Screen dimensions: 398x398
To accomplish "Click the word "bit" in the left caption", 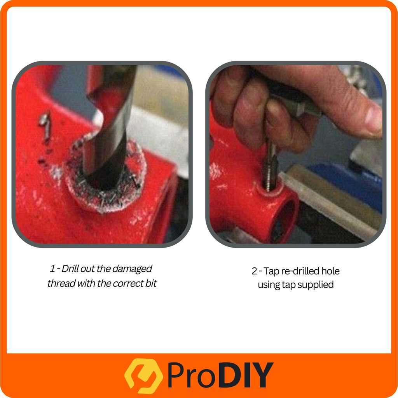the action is click(x=151, y=283).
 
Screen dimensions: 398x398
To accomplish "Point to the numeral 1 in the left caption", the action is click(x=52, y=269).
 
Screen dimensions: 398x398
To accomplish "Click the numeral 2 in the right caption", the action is click(x=254, y=271).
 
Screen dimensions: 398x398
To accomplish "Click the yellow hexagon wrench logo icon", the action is click(x=143, y=376).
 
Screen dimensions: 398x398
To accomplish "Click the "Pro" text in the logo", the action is click(x=192, y=375).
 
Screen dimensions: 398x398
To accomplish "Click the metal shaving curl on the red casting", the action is click(x=45, y=127).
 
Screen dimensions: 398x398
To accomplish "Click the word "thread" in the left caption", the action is click(x=61, y=283).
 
